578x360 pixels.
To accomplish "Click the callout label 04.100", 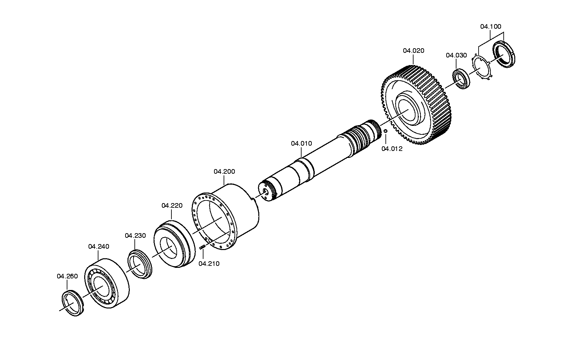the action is tap(490, 26).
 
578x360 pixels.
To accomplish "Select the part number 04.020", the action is tap(414, 51).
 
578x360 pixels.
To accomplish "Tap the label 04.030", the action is tap(456, 55).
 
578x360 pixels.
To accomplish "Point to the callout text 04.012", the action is tap(392, 149).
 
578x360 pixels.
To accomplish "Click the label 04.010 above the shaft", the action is tap(301, 143).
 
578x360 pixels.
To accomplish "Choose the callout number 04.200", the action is tap(224, 171).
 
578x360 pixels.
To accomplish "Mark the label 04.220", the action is tap(172, 205).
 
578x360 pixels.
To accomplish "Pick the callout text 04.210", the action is tap(209, 264).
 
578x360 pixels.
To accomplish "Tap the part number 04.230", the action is tap(135, 235).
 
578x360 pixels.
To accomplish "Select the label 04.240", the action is tap(98, 246).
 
